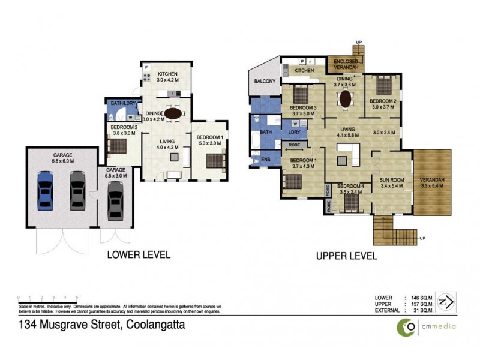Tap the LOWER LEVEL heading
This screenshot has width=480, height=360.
138,254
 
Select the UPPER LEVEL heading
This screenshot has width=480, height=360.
347,256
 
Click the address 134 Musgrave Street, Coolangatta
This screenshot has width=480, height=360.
101,326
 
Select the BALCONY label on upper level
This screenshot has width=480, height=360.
265,81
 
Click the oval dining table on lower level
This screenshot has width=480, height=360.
173,113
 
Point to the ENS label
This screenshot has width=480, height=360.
257,160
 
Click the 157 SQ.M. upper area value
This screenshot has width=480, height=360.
422,304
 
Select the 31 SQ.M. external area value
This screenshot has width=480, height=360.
424,310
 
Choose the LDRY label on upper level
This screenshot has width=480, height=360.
295,132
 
